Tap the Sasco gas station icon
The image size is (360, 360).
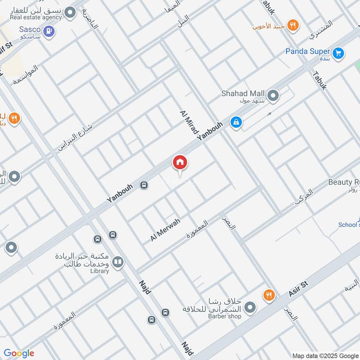pyautogui.click(x=49, y=31)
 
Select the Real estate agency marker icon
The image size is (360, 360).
pyautogui.click(x=70, y=13)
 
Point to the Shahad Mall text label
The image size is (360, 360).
pyautogui.click(x=242, y=93)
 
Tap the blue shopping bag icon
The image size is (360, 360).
pyautogui.click(x=235, y=121)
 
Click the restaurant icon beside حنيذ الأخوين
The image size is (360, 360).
pyautogui.click(x=293, y=25)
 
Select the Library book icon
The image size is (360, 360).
pyautogui.click(x=117, y=262)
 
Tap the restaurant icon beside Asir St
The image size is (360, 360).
pyautogui.click(x=269, y=295)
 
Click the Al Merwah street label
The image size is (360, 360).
pyautogui.click(x=166, y=229)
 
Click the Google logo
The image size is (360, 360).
pyautogui.click(x=19, y=353)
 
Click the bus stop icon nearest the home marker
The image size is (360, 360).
pyautogui.click(x=144, y=185)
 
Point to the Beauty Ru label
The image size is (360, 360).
pyautogui.click(x=344, y=182)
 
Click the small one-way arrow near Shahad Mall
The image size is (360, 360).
pyautogui.click(x=269, y=114)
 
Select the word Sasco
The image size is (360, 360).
pyautogui.click(x=30, y=29)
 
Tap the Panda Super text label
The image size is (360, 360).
pyautogui.click(x=308, y=51)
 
